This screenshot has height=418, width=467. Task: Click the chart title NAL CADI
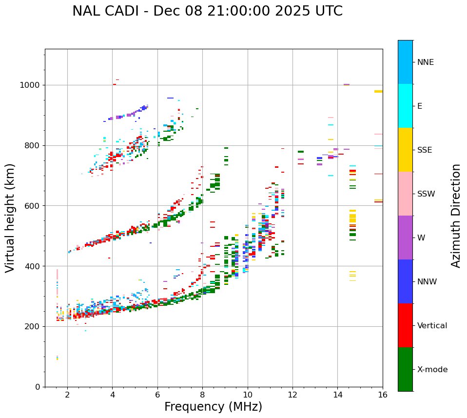tap(207, 11)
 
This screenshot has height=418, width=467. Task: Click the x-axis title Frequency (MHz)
tap(213, 407)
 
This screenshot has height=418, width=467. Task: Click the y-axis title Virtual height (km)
tap(10, 218)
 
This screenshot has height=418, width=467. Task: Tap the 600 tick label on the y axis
tap(33, 206)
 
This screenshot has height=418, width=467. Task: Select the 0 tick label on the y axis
tap(38, 387)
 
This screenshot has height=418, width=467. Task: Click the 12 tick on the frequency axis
tap(292, 395)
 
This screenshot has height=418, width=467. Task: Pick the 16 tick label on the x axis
tap(383, 395)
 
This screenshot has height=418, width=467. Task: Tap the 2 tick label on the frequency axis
tap(67, 395)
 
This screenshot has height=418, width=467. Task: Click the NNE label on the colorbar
tap(425, 62)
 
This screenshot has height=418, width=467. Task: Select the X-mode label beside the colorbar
tap(432, 370)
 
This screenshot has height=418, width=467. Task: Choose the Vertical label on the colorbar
tap(432, 326)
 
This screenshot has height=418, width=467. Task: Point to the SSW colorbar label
tap(426, 194)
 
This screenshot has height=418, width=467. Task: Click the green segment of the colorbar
tap(405, 369)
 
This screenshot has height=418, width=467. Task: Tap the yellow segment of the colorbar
tap(405, 150)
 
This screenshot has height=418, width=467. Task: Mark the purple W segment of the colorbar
tap(405, 238)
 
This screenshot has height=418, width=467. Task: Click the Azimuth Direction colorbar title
tap(456, 216)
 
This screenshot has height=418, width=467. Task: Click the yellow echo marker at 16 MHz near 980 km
tap(378, 91)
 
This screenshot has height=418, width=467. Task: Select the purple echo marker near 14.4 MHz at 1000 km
tap(347, 85)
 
